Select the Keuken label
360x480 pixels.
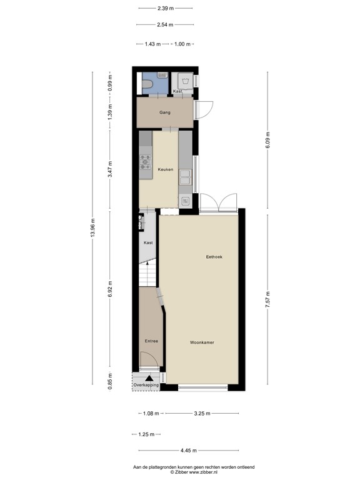click(x=165, y=169)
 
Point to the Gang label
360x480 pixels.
click(x=164, y=113)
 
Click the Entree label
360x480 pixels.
click(x=151, y=341)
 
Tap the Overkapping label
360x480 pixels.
click(x=146, y=385)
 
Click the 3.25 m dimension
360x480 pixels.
click(x=202, y=413)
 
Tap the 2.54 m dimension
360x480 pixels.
click(x=164, y=25)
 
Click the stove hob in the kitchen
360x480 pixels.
click(x=145, y=162)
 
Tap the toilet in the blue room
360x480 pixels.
click(x=150, y=82)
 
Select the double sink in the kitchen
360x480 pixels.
click(x=185, y=178)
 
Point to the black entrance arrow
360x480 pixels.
click(x=149, y=377)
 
